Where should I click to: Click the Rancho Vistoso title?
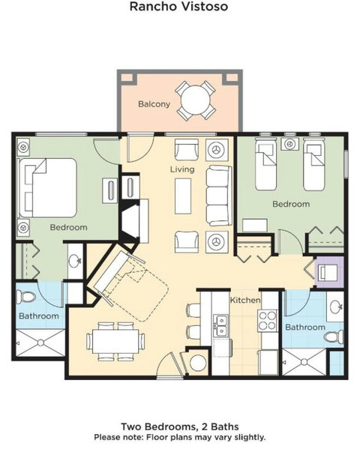point(178,6)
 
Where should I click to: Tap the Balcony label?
point(154,103)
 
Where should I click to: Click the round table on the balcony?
point(195,100)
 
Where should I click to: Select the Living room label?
point(182,169)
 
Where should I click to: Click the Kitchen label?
point(245,300)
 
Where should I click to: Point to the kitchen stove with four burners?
point(267,321)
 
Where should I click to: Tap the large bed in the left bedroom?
point(48,187)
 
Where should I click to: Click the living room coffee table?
point(183,196)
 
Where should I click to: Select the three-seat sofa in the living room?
point(219,196)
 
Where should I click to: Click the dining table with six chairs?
point(115,341)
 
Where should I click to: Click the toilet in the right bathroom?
point(334,337)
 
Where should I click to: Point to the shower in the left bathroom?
point(40,343)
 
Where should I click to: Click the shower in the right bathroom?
point(304,362)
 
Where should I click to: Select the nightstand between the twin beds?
point(289,144)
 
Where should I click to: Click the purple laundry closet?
point(329,271)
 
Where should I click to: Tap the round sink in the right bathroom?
point(335,307)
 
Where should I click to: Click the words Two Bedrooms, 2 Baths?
point(180,427)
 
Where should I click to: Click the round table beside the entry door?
point(198,362)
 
